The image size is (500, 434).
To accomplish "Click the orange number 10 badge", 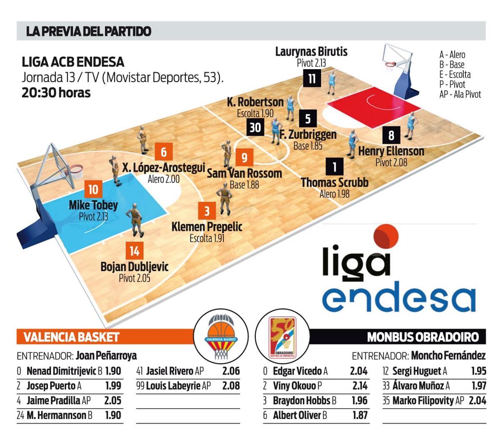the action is (x=93, y=189).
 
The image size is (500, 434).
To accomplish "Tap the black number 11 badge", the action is (x=312, y=78).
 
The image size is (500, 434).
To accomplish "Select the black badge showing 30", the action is (x=255, y=127).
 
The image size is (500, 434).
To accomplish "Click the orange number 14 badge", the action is (x=134, y=251).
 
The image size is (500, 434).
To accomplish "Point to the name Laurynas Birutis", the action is (x=311, y=52).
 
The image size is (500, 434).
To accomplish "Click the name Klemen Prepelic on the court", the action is (x=207, y=227).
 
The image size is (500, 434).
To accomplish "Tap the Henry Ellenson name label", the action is (x=391, y=151).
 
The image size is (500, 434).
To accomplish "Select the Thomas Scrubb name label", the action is (x=335, y=183).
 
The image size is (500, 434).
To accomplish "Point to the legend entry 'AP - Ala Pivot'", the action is (x=460, y=94).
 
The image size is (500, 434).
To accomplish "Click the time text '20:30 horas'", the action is (x=56, y=93).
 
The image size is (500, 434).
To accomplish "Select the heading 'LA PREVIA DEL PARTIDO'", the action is (x=88, y=31).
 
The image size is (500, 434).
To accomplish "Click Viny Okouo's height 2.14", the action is (x=360, y=386).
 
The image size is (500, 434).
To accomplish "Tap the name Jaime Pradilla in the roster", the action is (x=53, y=401).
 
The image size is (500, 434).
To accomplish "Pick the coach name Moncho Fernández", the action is (x=448, y=356).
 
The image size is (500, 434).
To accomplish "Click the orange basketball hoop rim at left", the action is (x=76, y=169).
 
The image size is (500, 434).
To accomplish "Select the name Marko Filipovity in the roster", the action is (x=423, y=401).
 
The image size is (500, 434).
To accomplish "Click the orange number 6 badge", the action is (x=163, y=152).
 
